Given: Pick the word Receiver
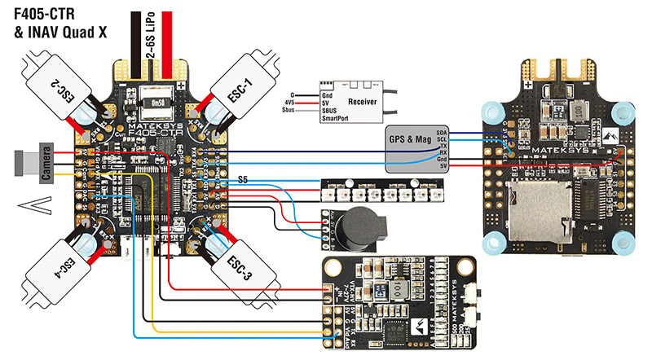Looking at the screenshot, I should [362, 103].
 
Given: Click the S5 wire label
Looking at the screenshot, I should [244, 178].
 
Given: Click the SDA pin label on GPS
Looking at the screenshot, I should [442, 130].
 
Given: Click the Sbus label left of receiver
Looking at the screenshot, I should [288, 109].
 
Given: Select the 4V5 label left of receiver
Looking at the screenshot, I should [289, 102].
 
